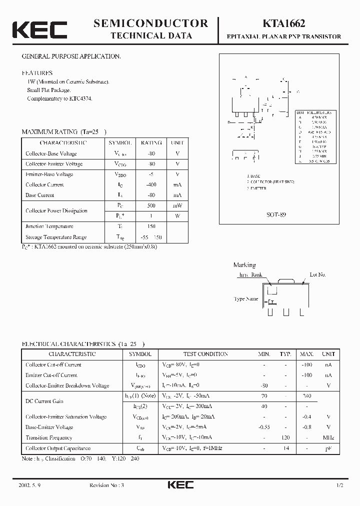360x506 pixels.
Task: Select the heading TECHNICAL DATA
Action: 150,36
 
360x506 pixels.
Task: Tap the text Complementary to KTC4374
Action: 60,98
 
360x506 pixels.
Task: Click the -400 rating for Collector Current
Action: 151,184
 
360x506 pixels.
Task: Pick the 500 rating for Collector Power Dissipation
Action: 151,205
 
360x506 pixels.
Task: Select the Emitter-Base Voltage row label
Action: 49,174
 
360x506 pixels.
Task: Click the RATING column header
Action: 151,143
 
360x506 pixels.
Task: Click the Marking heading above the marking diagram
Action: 244,265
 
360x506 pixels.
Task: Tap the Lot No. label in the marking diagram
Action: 317,274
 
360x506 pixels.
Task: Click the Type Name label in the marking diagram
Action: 246,299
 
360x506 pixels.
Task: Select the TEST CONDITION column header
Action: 205,354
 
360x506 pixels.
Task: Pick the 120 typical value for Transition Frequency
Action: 285,438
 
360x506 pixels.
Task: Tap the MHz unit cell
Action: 328,438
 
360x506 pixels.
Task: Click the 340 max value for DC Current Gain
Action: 307,396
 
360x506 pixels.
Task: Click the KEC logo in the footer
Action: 180,485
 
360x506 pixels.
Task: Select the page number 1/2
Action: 340,485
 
